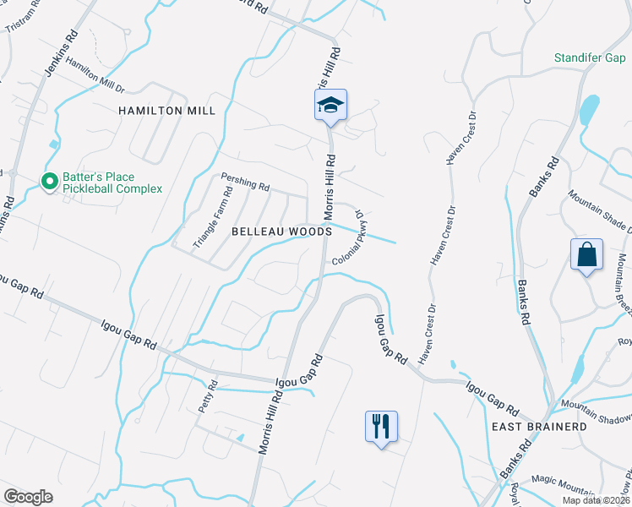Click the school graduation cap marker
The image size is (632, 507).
coord(331,106)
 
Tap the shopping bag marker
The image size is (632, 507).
coord(587,254)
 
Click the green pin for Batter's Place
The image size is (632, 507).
coord(51,183)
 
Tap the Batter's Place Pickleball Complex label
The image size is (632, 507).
coord(112,183)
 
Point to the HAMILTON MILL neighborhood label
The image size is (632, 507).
coord(166,111)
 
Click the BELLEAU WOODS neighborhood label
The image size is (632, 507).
coord(281,231)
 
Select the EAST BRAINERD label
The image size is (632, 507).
coord(539,427)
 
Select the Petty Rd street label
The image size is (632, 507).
coord(209,396)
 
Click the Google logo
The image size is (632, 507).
coord(28,497)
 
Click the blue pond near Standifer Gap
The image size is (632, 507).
coord(589,108)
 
